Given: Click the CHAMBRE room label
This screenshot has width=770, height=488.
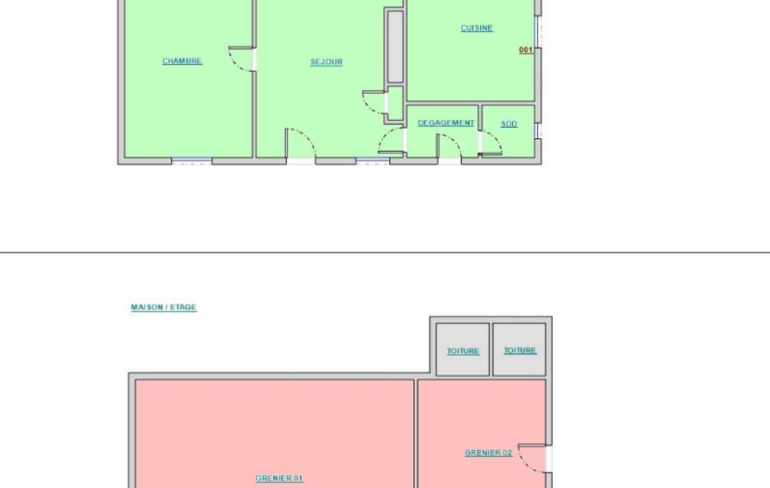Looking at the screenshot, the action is (x=183, y=61).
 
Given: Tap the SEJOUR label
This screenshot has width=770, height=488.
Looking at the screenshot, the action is (x=327, y=62).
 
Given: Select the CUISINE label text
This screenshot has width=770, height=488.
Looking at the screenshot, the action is (x=477, y=28).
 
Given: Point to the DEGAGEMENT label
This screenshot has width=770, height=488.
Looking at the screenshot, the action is (x=446, y=122).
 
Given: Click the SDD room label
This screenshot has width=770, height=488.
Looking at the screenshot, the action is (x=509, y=124).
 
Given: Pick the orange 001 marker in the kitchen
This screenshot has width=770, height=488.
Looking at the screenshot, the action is (x=525, y=50).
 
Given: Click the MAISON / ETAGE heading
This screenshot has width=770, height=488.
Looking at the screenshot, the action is (x=164, y=307).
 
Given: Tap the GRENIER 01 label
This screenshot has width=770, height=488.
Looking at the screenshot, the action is (x=279, y=478).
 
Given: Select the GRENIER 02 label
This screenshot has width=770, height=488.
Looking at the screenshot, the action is (x=488, y=453).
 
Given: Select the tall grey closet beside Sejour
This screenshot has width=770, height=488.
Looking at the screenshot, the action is (x=395, y=47).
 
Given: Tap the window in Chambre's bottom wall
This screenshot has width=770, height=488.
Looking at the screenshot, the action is (x=192, y=160).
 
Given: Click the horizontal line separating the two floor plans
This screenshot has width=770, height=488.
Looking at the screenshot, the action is (x=385, y=252).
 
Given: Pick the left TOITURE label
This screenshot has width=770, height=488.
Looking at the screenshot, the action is (x=463, y=351).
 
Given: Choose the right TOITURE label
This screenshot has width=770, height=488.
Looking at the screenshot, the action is (x=520, y=351).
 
